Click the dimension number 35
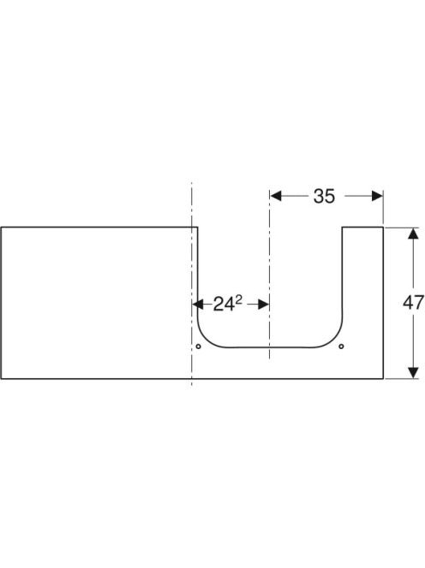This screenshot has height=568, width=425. (x=324, y=197)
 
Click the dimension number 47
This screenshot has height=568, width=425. (x=413, y=303)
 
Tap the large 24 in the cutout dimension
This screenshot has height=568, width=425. (x=224, y=305)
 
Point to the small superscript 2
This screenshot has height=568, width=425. (x=238, y=299)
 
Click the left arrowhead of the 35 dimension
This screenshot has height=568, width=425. (x=276, y=196)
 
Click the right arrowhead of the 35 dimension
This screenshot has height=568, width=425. (x=377, y=196)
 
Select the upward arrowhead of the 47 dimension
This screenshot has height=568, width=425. (x=413, y=234)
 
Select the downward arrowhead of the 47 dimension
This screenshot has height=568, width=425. (x=413, y=373)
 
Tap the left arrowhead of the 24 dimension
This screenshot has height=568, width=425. (x=198, y=305)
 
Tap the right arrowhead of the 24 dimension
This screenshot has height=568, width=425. (x=263, y=305)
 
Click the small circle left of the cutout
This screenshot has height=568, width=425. (x=198, y=346)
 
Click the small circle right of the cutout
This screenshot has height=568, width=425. (x=341, y=346)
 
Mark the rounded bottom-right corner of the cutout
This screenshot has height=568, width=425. (x=333, y=339)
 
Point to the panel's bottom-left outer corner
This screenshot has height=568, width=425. (x=1, y=379)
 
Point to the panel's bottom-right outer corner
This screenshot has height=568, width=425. (x=383, y=379)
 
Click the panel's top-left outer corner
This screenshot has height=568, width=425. (x=1, y=228)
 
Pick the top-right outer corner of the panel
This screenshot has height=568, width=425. (x=383, y=228)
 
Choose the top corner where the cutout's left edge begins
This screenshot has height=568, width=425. (x=197, y=228)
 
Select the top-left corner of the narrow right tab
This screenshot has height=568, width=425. (x=343, y=228)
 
